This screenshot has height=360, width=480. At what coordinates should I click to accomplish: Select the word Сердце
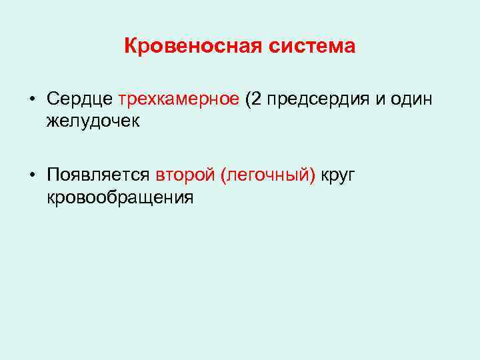click(80, 100)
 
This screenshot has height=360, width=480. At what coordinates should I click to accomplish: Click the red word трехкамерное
click(179, 100)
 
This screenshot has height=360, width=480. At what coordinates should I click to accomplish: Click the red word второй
click(185, 175)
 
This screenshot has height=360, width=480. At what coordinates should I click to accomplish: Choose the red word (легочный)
click(269, 175)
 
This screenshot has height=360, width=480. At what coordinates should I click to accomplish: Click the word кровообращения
click(120, 197)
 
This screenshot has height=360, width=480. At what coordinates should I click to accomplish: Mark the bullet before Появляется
click(33, 176)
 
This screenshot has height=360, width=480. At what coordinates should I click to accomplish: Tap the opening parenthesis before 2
click(249, 100)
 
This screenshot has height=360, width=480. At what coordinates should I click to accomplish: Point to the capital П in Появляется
click(53, 175)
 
